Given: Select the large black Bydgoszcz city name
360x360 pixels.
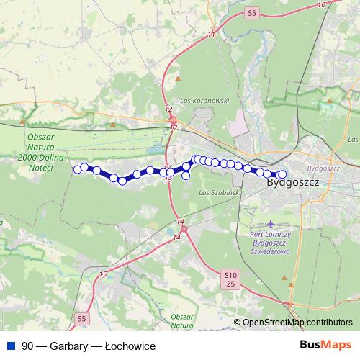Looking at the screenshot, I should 293,183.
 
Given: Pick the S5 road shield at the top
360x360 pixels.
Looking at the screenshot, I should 251,12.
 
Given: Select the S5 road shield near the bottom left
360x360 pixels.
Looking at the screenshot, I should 81,318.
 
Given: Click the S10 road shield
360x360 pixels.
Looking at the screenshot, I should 230,275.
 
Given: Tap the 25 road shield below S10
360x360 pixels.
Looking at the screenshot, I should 230,285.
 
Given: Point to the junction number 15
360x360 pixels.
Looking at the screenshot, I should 102,274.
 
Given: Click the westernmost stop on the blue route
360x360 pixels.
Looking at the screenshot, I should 78,169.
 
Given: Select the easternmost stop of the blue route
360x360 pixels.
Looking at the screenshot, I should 282,174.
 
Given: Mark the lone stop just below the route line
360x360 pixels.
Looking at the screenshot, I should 186,175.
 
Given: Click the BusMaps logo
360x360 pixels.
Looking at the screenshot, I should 324,346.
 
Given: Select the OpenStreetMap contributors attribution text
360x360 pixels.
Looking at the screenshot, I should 297,323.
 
